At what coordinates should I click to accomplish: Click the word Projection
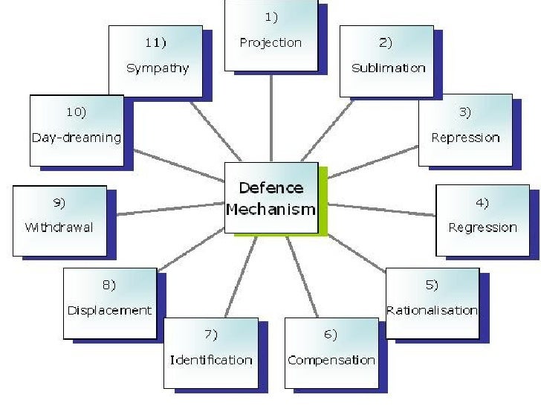(x=270, y=42)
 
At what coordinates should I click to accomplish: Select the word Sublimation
(x=388, y=68)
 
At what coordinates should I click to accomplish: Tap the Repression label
(x=465, y=138)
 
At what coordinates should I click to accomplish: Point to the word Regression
(x=482, y=228)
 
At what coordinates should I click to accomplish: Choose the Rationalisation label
(x=432, y=310)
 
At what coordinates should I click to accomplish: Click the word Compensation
(x=331, y=360)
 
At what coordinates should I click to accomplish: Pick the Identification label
(x=211, y=360)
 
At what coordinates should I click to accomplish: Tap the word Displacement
(x=109, y=310)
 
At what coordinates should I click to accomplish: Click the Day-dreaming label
(x=76, y=138)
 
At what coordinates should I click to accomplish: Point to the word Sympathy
(x=157, y=68)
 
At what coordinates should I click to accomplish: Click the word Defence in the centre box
(x=270, y=188)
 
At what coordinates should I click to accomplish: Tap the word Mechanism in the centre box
(x=270, y=209)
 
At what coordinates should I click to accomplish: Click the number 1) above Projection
(x=270, y=16)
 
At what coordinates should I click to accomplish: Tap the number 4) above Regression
(x=482, y=202)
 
